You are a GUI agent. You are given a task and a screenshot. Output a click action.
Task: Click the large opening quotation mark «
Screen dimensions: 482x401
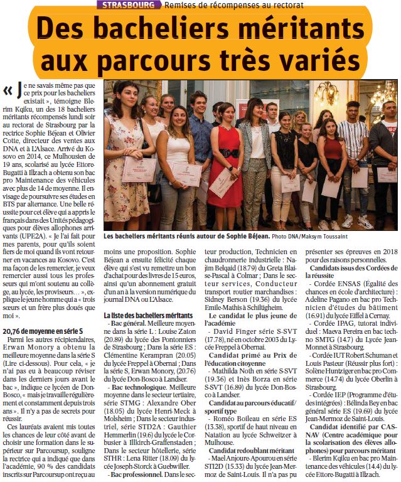point(8,91)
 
